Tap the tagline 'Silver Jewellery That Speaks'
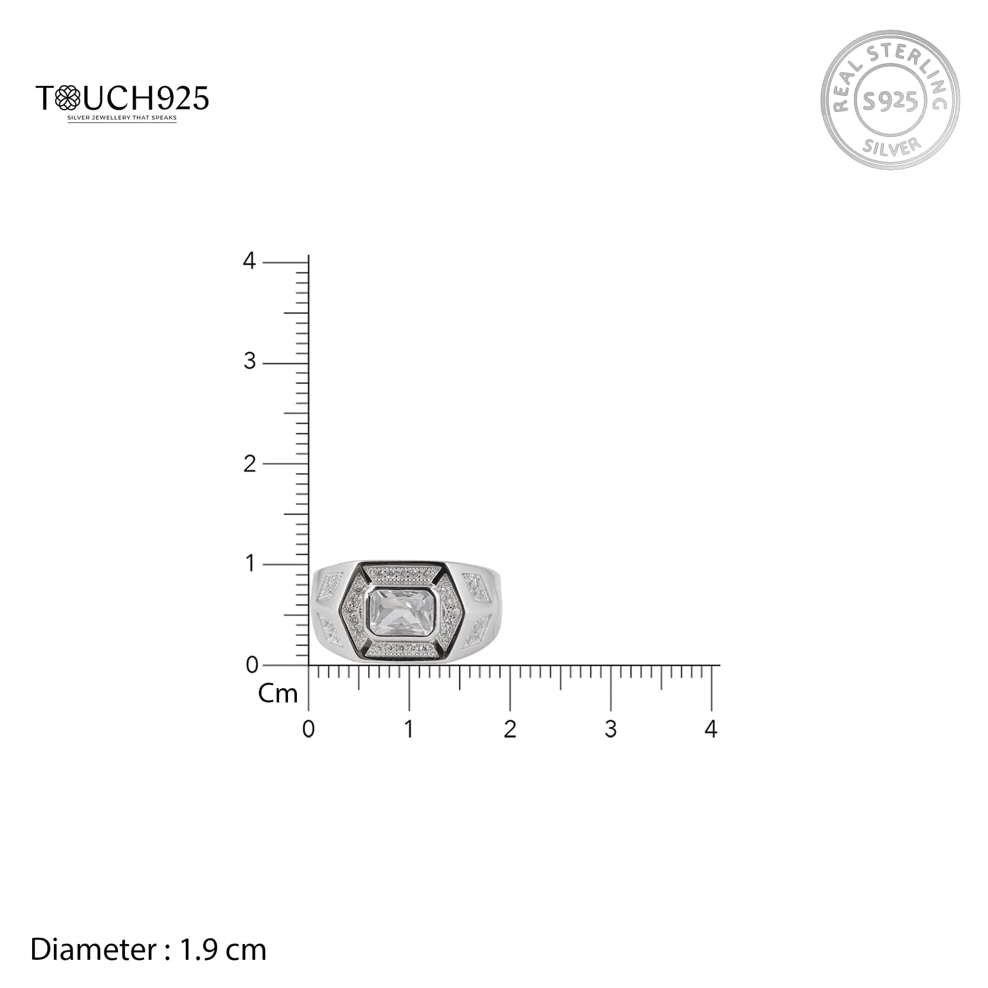tap(122, 118)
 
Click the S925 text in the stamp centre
tap(890, 102)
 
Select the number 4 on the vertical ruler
tap(249, 261)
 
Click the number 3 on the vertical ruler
tap(249, 362)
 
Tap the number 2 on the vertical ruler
tap(249, 464)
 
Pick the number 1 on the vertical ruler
tap(250, 564)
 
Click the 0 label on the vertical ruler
tap(252, 665)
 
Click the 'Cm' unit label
tap(278, 694)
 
